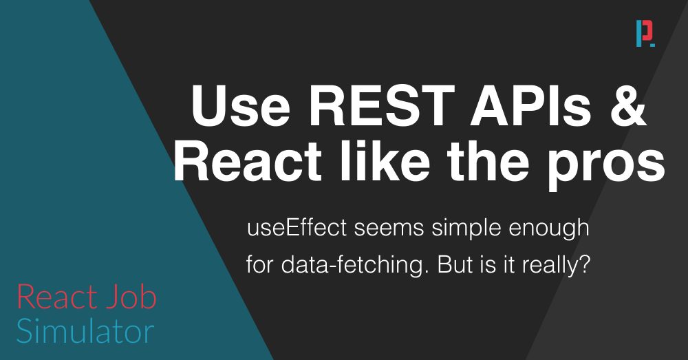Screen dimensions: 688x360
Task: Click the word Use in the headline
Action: [240, 105]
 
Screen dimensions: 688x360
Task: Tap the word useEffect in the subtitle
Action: [297, 228]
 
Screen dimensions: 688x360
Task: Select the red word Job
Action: [131, 297]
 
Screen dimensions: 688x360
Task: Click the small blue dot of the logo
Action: [653, 45]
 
